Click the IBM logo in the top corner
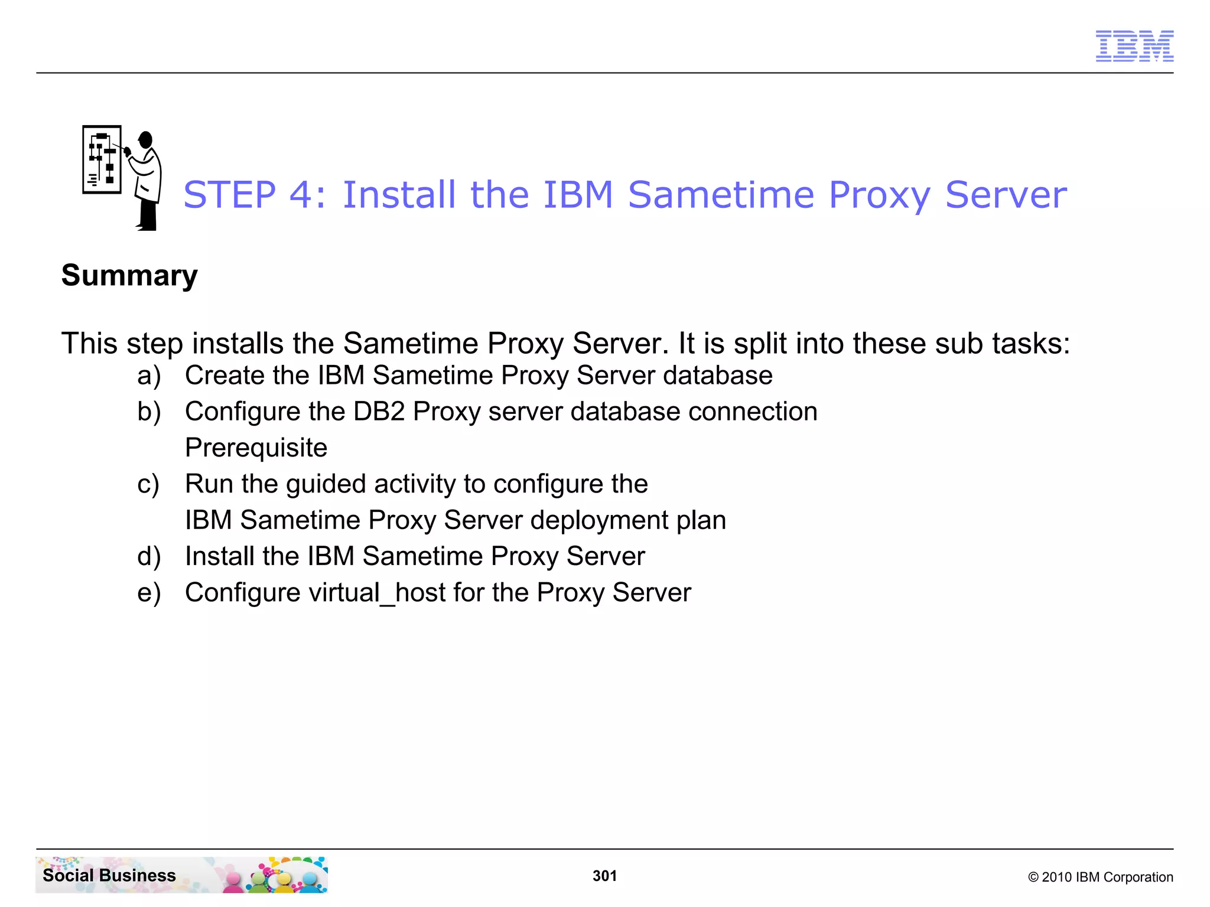coord(1134,46)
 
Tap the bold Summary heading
coord(129,276)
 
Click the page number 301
coord(604,876)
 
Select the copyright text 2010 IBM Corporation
coord(1100,877)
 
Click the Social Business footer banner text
coord(109,875)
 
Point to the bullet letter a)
coord(149,376)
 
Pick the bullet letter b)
coord(149,412)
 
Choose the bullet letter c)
coord(148,485)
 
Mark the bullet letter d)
coord(149,557)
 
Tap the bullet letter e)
coord(149,593)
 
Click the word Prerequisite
coord(256,448)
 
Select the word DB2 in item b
coord(379,412)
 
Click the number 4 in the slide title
coord(302,195)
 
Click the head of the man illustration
coord(145,140)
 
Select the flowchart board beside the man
coord(102,159)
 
